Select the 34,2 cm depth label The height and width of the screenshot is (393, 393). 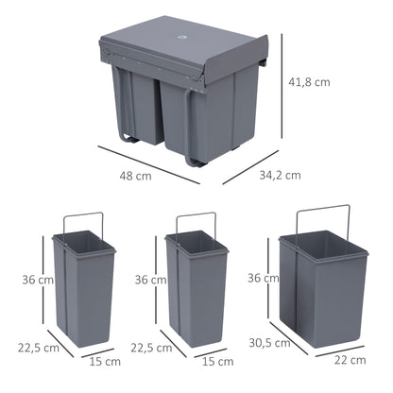click(281, 174)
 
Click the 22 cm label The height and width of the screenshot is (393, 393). click(350, 360)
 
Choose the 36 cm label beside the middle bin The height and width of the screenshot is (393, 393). click(147, 280)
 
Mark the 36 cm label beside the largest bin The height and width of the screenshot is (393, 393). click(262, 278)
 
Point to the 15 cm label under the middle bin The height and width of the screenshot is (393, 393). click(218, 361)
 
